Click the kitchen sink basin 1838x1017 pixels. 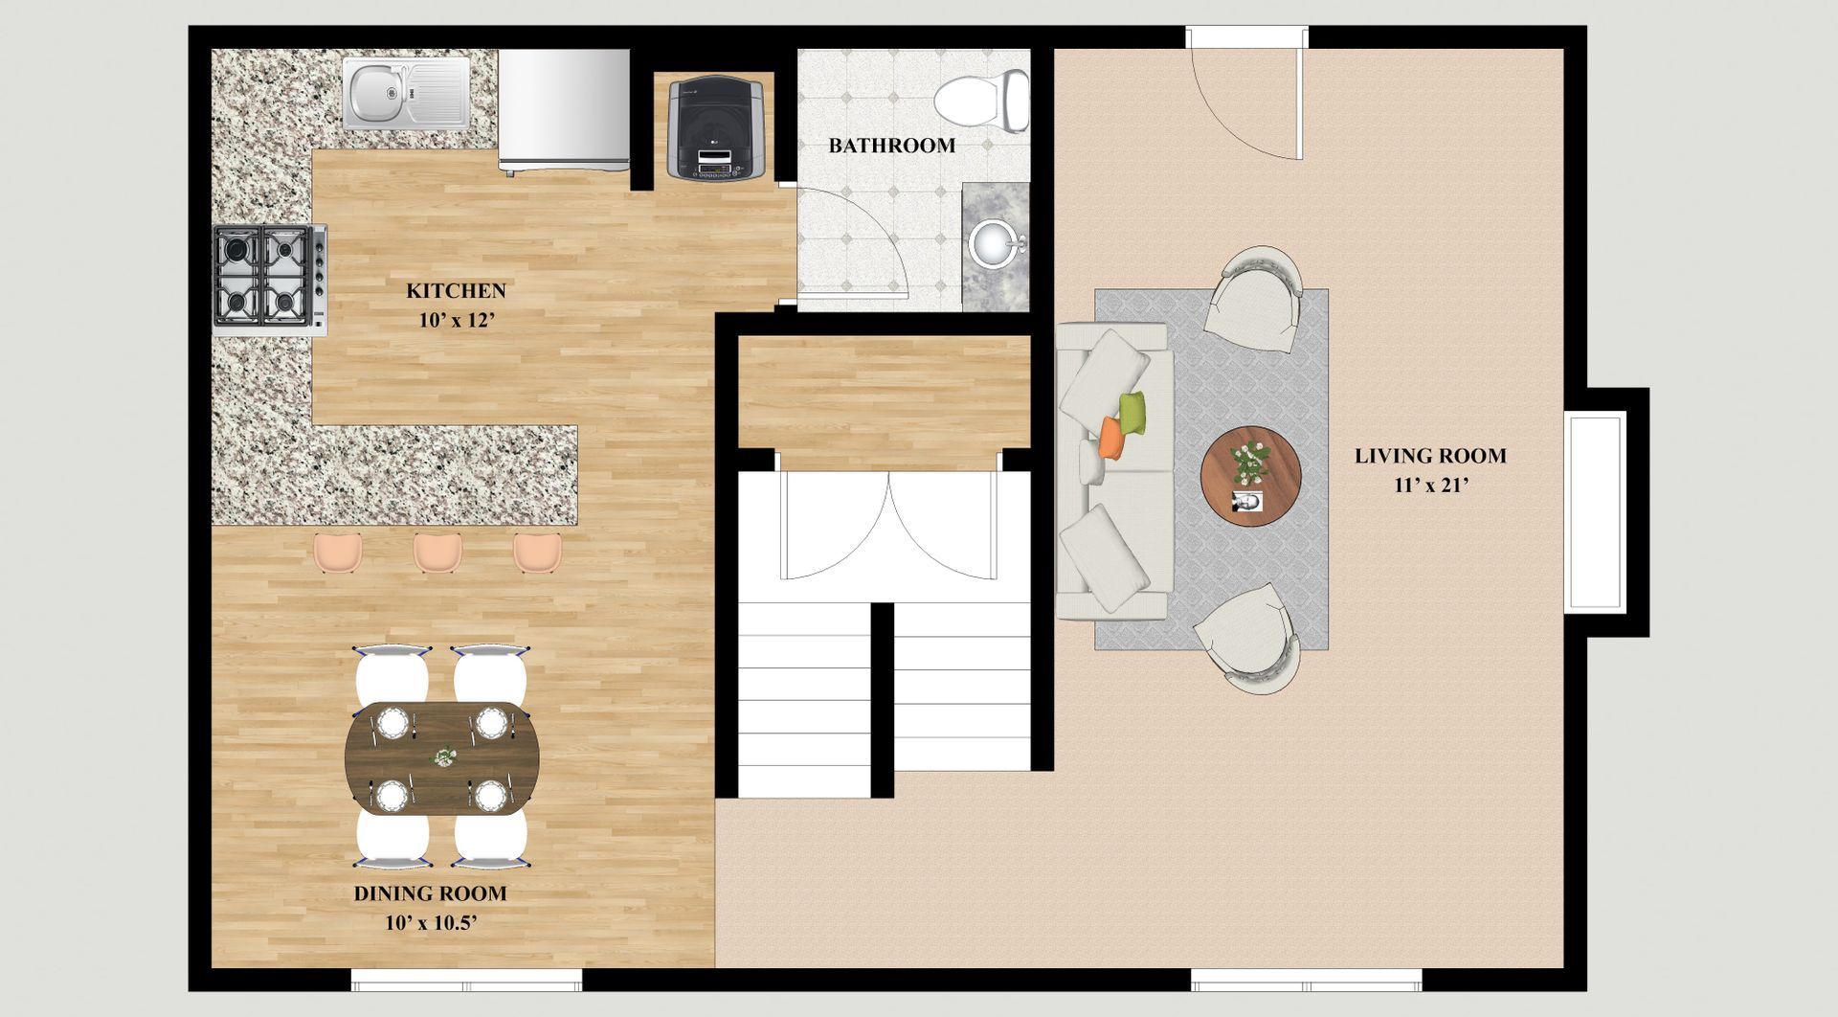tap(374, 93)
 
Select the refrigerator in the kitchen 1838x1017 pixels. tap(564, 111)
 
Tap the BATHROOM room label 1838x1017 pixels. tap(891, 147)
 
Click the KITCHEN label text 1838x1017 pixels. tap(456, 291)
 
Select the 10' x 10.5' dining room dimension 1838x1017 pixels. tap(431, 924)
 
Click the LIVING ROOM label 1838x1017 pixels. tap(1430, 457)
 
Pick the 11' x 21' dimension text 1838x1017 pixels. tap(1430, 486)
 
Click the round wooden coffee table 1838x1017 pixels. tap(1250, 475)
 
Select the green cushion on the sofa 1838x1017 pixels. tap(1134, 413)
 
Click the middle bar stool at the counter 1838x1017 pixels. tap(438, 554)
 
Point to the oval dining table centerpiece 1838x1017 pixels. tap(442, 757)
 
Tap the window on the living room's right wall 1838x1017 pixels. tap(1596, 511)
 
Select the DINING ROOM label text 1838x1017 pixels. tap(431, 894)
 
